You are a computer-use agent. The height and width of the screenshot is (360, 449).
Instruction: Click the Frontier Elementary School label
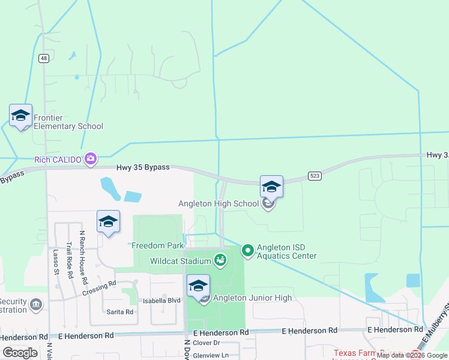point(68,122)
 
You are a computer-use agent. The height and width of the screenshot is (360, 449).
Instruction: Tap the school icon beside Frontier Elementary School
point(20,115)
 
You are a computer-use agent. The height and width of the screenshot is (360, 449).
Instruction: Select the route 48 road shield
point(43,58)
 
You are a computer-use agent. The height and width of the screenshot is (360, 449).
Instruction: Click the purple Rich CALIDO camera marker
point(91,159)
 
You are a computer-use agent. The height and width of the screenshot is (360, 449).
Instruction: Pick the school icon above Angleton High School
point(271,187)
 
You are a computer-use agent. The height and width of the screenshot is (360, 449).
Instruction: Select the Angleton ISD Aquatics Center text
point(286,252)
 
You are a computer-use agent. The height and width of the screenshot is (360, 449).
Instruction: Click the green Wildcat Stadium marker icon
point(220,260)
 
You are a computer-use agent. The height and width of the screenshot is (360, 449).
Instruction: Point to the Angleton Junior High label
point(253,298)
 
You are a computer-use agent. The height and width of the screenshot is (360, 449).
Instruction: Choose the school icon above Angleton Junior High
point(198,286)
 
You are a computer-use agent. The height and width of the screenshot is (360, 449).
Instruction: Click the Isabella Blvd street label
point(161,301)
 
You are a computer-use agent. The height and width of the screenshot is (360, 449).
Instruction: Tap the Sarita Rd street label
point(121,312)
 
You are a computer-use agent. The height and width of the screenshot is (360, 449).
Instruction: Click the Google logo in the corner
point(20,353)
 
